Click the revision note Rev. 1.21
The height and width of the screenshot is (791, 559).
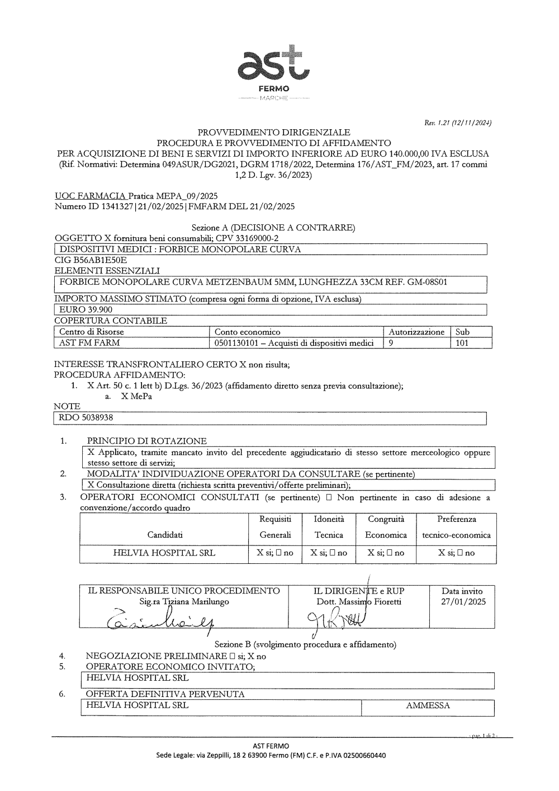tap(458, 123)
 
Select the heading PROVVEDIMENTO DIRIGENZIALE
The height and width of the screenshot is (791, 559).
tap(274, 133)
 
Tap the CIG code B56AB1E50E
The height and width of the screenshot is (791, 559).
tap(91, 260)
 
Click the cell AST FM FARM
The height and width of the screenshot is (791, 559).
tap(89, 343)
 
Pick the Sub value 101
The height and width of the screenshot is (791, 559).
tap(462, 343)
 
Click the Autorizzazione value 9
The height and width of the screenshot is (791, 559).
tap(391, 343)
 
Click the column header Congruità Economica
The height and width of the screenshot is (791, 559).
tap(386, 527)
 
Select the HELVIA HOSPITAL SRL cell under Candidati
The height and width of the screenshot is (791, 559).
tap(164, 553)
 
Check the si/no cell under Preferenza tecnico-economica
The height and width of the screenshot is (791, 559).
tap(456, 553)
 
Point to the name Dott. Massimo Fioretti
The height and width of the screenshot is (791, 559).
tap(358, 602)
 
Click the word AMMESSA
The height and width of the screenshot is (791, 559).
tap(428, 705)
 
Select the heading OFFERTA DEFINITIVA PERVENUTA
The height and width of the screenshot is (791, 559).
tap(165, 694)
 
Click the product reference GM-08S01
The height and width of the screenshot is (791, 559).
tap(427, 282)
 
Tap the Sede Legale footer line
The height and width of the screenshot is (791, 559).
tap(271, 755)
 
